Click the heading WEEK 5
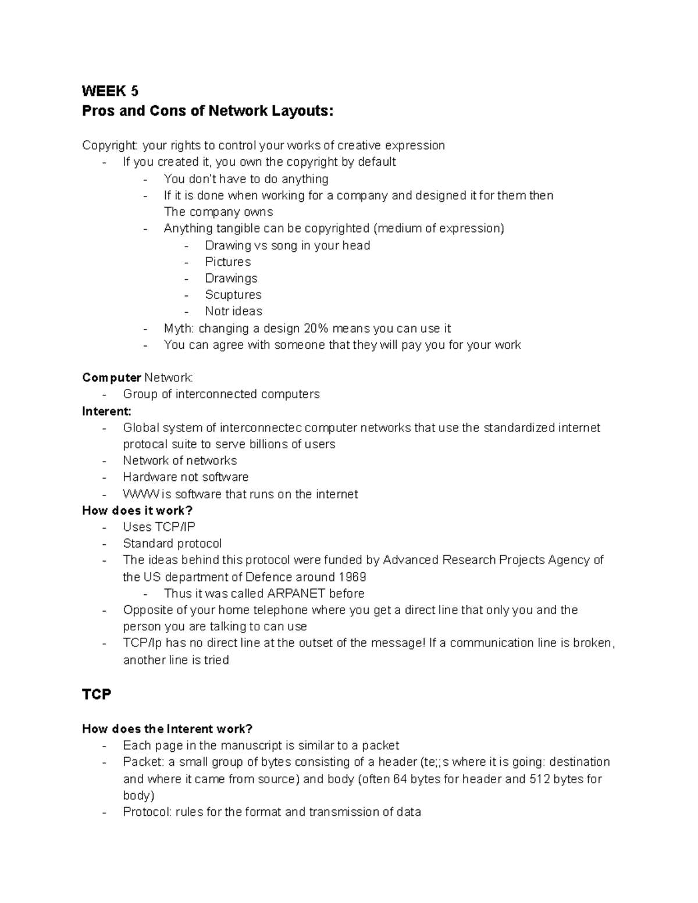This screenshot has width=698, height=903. point(110,91)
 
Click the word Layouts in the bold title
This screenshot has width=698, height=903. point(303,110)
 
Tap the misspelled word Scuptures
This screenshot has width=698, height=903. point(233,295)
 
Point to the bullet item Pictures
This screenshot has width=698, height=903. point(227,262)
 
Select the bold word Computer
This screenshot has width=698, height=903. point(112,378)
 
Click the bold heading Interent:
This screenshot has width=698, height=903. point(106,411)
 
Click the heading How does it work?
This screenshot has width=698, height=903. point(137,511)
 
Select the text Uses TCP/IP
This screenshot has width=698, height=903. point(159,527)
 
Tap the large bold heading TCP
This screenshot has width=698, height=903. point(97,694)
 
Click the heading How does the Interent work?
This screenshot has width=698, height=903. point(168,729)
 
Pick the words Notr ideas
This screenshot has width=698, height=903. point(233,311)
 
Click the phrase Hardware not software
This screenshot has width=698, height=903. point(186,477)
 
